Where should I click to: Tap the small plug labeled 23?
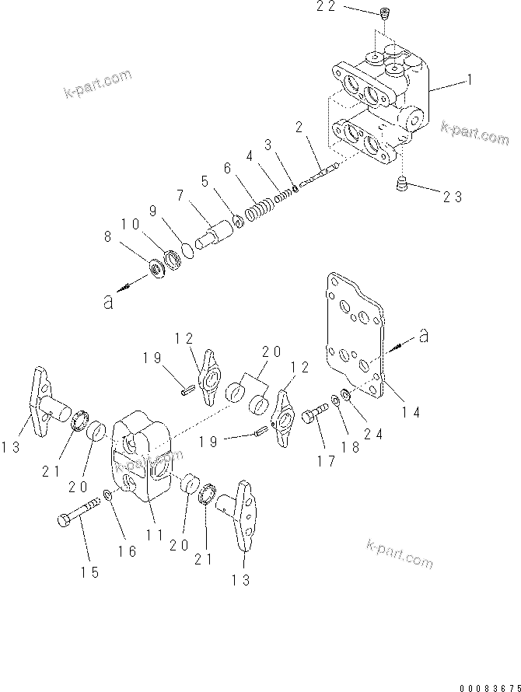click(x=403, y=184)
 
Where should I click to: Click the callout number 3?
click(x=267, y=145)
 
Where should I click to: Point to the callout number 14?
click(x=411, y=412)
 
